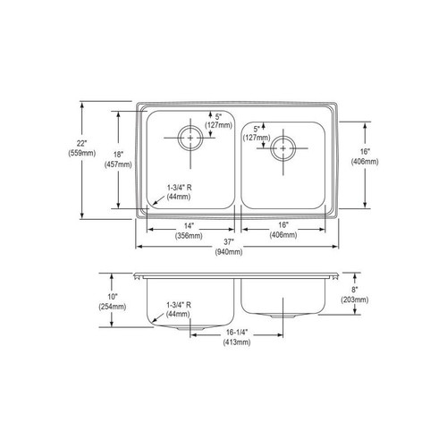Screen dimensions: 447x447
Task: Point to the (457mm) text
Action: pyautogui.click(x=118, y=164)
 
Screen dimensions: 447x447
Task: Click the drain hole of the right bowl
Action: pyautogui.click(x=283, y=147)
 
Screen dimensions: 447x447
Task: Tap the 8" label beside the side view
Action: pyautogui.click(x=377, y=290)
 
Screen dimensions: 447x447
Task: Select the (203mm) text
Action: pyautogui.click(x=377, y=300)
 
